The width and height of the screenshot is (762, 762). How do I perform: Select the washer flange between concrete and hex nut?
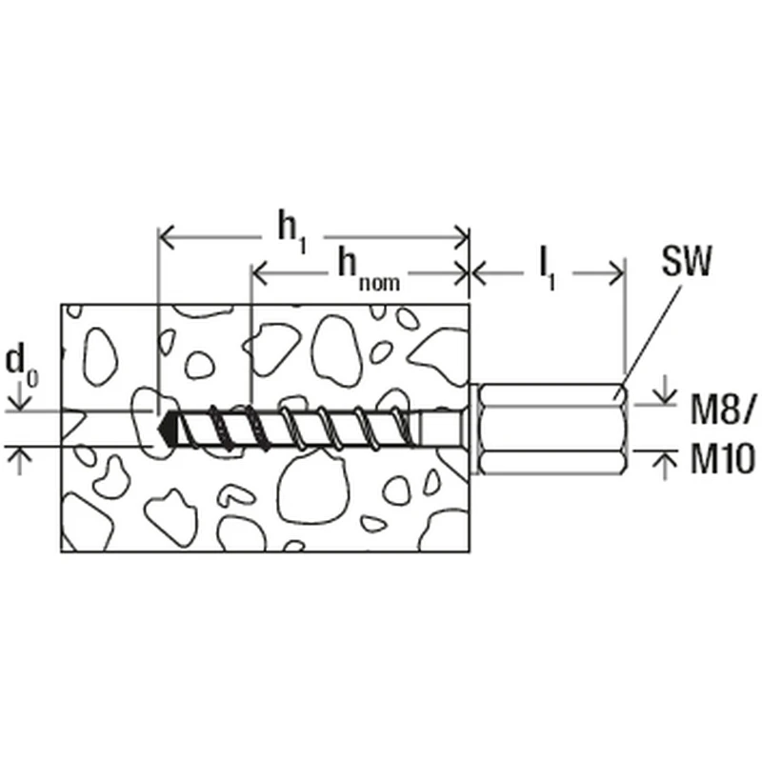473,429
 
